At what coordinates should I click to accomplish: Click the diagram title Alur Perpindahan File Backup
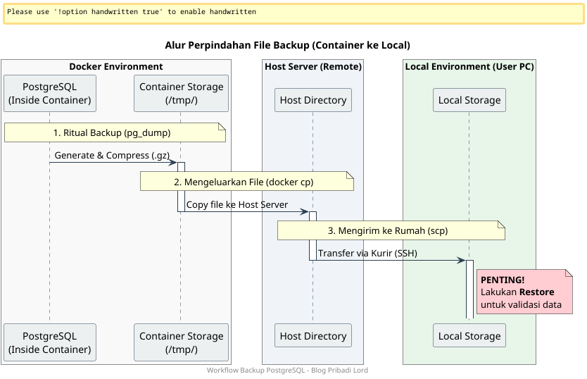click(x=287, y=45)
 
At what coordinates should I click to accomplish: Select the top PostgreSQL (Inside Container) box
click(x=49, y=93)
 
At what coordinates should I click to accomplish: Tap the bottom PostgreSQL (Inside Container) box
click(x=49, y=342)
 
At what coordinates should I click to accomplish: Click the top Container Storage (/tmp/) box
click(x=181, y=93)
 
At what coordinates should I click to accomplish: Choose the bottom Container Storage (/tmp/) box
click(x=181, y=342)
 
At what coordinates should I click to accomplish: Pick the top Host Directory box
click(x=313, y=100)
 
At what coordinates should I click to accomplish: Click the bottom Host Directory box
click(x=313, y=336)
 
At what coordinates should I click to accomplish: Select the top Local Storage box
click(x=469, y=100)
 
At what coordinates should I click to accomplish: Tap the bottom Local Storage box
click(x=469, y=336)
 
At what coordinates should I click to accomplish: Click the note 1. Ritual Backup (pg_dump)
click(x=115, y=132)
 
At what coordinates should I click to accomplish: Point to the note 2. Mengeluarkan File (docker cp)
click(x=246, y=181)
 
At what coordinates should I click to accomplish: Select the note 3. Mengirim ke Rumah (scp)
click(x=391, y=230)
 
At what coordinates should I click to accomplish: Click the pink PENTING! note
click(x=524, y=292)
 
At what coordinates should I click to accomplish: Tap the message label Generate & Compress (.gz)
click(x=112, y=156)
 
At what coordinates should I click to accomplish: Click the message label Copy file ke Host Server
click(x=236, y=204)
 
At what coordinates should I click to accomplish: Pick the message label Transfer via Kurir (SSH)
click(x=368, y=254)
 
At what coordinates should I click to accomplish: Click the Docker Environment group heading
click(x=115, y=66)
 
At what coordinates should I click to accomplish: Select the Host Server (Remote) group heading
click(x=313, y=66)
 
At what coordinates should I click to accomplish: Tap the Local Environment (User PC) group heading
click(x=469, y=66)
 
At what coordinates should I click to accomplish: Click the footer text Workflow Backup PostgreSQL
click(x=287, y=371)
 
